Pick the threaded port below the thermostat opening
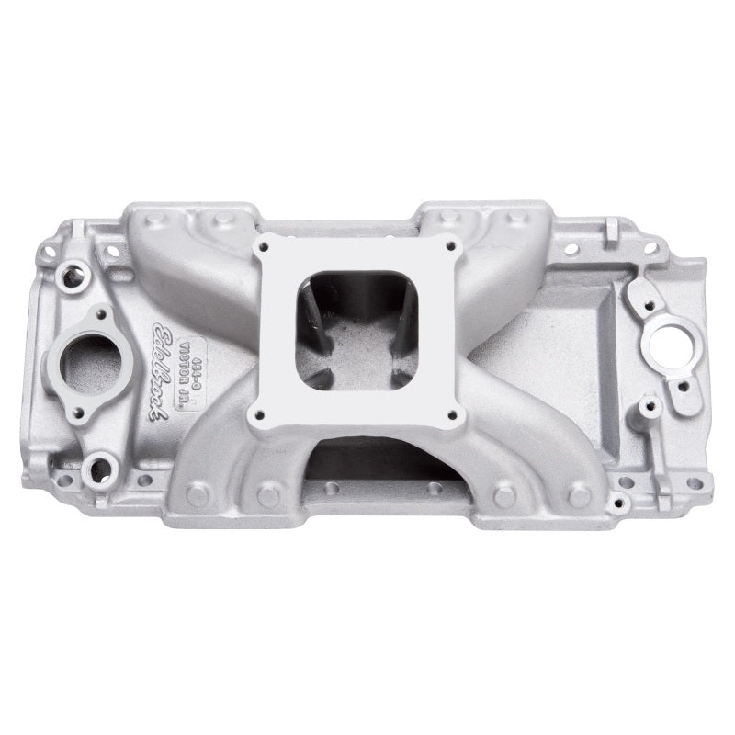click(96, 469)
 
